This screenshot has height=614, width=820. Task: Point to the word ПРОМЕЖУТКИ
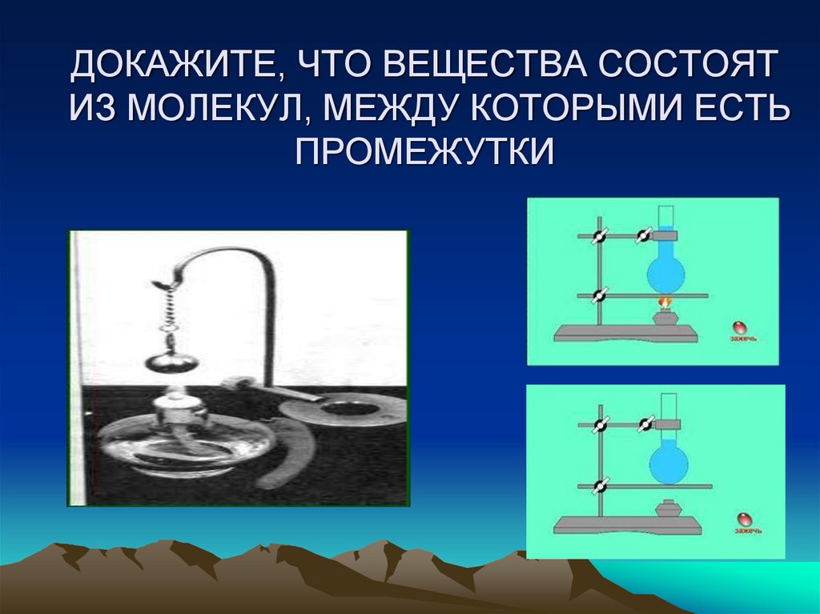[x=424, y=150]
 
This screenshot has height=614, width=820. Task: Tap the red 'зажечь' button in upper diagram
[x=740, y=327]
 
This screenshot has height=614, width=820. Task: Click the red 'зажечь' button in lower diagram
[x=746, y=519]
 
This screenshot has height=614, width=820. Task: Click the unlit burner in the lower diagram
[x=665, y=509]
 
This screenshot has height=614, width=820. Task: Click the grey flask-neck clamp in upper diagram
[x=667, y=235]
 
